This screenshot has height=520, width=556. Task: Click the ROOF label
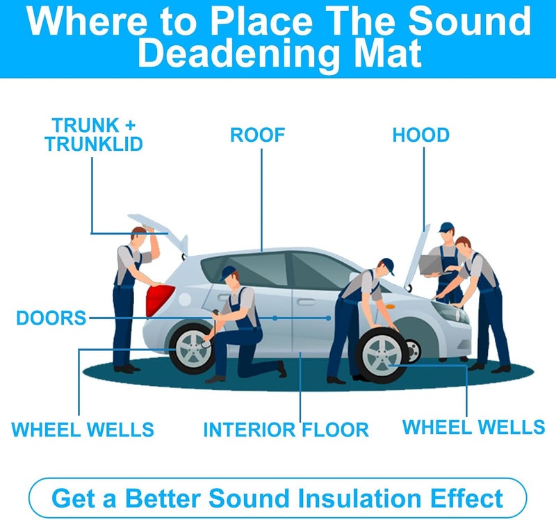257,135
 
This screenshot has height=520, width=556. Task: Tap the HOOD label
421,135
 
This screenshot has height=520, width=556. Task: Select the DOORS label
51,318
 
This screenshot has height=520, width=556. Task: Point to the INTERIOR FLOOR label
286,430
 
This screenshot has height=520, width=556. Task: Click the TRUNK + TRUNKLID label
94,135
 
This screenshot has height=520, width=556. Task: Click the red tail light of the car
159,300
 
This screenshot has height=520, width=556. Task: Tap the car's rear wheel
192,349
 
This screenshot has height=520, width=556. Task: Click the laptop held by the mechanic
431,265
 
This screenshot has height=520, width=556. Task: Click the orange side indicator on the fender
390,306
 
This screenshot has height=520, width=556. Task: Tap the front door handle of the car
306,302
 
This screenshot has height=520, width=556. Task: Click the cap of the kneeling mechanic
229,273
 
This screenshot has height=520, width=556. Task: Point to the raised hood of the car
417,257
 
